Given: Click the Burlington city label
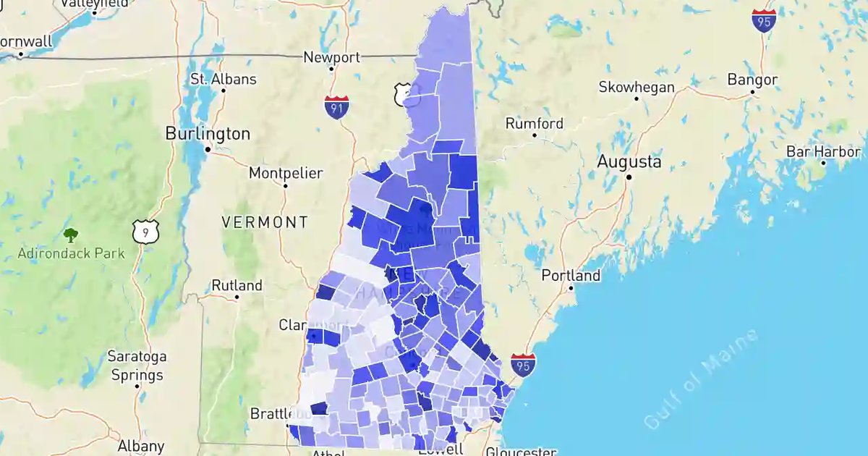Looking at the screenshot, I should pos(208,134).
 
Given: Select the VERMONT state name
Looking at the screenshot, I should pos(265,222).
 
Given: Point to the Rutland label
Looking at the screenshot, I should pos(237,285).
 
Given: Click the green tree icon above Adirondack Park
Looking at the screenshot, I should pos(71,235).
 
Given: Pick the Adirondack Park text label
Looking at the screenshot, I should pos(72,253).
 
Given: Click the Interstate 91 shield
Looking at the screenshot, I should pos(336,106).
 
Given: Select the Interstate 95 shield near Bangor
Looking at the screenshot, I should pos(764,20).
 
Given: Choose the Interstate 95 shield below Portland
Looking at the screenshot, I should pos(523,365).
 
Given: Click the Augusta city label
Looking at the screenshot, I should pos(629,162).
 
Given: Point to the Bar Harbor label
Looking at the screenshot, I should pos(824,152).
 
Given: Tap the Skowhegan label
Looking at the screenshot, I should pos(637,88).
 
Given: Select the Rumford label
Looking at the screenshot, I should pos(534,124).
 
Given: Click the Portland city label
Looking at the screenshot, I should pos(571,276).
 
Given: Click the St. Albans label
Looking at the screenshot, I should pos(223,79).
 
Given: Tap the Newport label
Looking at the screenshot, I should pos(331,57).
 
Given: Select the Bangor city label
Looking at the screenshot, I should pos(752,80).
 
